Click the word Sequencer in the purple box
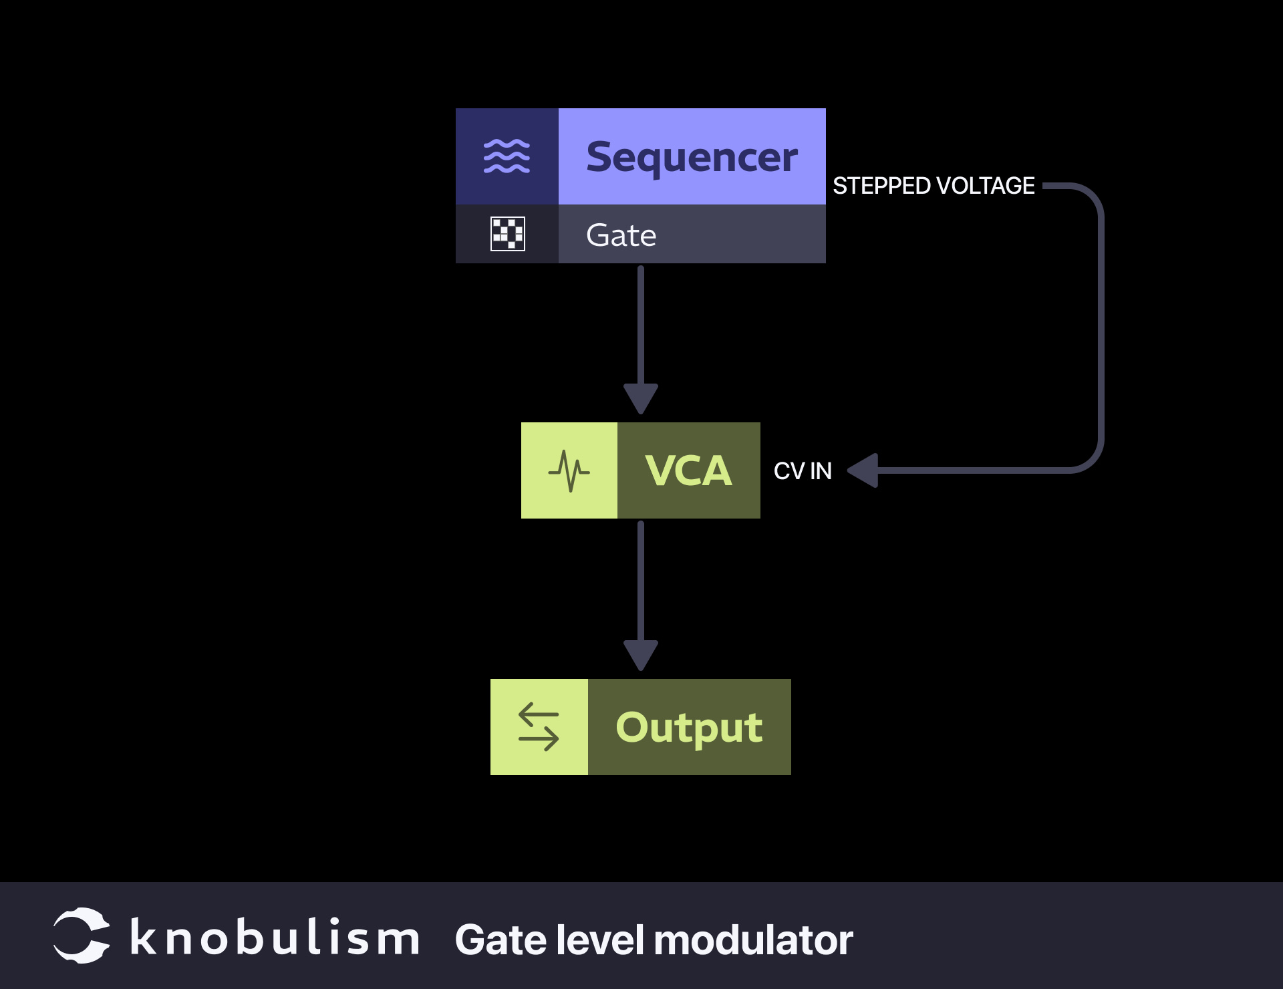692,158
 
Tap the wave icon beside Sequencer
507,156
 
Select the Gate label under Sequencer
621,235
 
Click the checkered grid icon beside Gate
507,234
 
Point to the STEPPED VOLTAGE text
933,186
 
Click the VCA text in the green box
688,470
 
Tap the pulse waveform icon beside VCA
569,470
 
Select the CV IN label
803,471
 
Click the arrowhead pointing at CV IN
863,470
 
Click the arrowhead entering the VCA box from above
640,398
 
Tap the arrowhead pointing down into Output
640,654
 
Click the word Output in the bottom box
688,727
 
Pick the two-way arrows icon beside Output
539,727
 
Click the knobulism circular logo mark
82,936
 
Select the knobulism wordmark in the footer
275,938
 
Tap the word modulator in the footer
753,940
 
